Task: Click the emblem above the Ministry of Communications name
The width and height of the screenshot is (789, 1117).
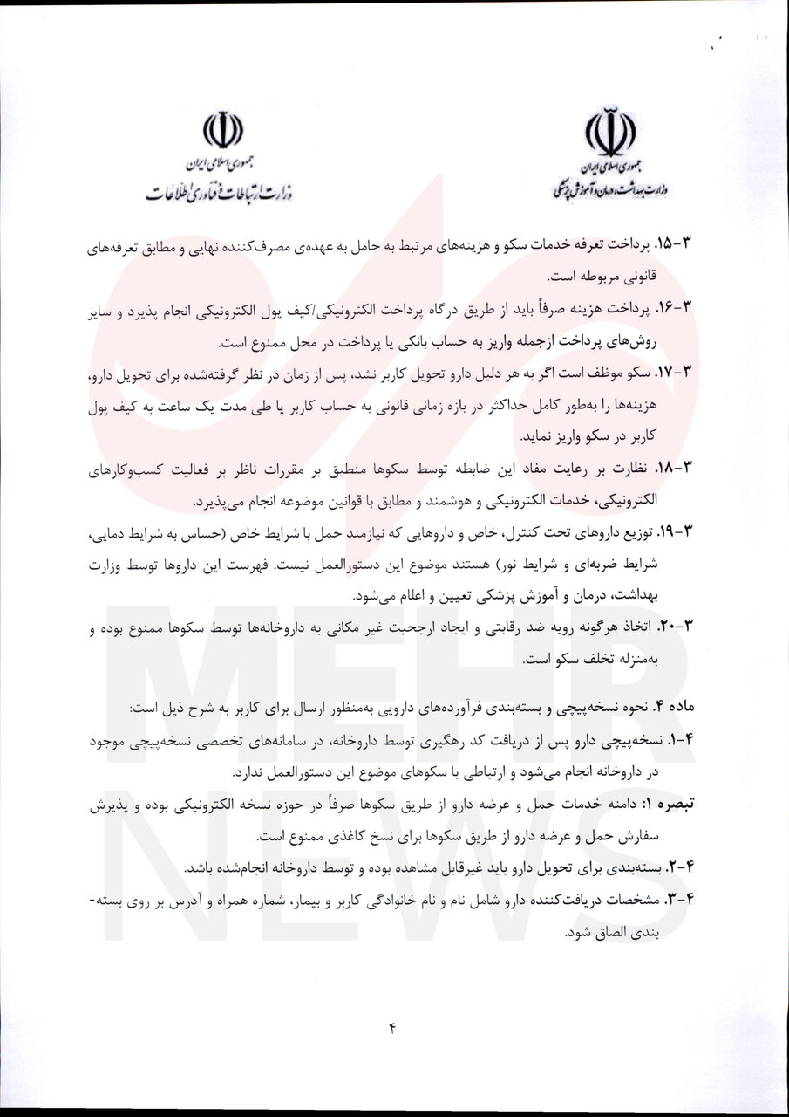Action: point(222,131)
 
